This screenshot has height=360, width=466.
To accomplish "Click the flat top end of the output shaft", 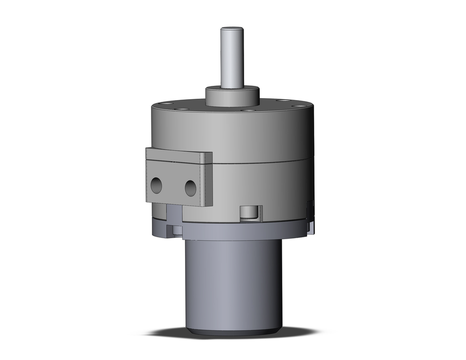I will click(232, 29).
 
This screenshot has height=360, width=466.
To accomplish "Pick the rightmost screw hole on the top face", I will click(283, 100).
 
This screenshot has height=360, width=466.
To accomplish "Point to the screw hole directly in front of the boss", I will click(250, 111).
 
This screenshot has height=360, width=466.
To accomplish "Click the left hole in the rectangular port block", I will click(156, 186).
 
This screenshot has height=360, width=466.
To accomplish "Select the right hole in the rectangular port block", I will click(190, 188).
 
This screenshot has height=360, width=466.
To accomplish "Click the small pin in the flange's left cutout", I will click(177, 229).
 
